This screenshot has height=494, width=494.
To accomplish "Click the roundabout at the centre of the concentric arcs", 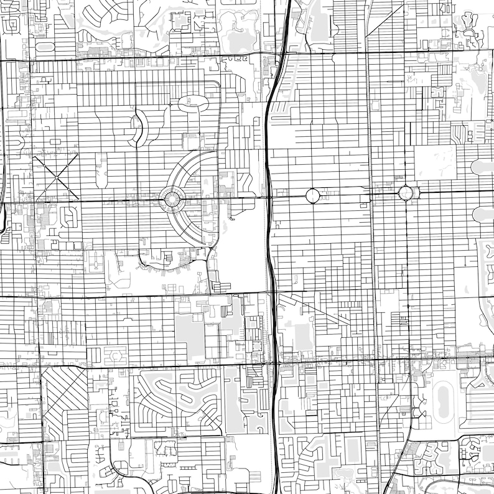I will point(172,199).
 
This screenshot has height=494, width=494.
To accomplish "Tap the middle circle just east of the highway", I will point(313,196).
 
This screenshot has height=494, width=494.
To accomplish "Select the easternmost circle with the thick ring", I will point(406,193).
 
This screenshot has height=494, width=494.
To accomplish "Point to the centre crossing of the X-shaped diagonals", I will point(56,177).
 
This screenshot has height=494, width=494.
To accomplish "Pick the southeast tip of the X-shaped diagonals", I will point(79,200).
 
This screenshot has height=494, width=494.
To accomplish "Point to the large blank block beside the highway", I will point(243,249).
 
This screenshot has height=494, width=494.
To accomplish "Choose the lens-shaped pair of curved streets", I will point(138,128).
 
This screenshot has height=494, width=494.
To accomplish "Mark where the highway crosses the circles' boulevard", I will point(269,198).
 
